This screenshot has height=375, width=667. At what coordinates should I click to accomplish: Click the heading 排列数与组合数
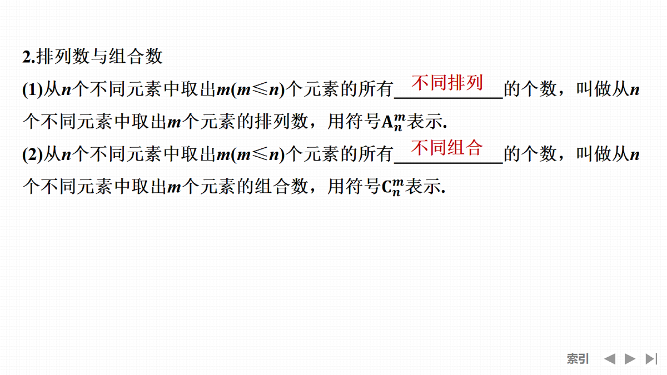pos(99,56)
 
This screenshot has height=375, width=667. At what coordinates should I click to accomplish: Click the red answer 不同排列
pos(447,82)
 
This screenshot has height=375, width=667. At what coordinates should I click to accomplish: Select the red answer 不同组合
pos(447,148)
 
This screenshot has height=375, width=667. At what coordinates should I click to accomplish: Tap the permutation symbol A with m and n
pos(394,122)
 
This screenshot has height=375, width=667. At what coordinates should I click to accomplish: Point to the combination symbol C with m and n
pos(393,187)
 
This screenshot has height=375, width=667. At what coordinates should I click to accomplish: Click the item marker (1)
pos(33,89)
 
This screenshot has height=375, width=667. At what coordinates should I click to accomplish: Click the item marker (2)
pos(33,154)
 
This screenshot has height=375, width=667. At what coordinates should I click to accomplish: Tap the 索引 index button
pos(578,359)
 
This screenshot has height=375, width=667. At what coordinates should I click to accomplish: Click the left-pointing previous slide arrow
pos(610,359)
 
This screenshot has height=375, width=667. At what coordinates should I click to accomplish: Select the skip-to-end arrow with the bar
pos(651,359)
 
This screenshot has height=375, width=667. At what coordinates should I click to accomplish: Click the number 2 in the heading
pos(27,57)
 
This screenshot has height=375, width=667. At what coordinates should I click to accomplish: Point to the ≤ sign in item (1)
pos(260,89)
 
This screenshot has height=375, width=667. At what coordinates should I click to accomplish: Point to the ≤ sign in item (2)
pos(260,154)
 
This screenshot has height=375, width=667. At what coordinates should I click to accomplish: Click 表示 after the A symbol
pos(425,122)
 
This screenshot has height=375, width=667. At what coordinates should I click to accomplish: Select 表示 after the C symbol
pos(423,186)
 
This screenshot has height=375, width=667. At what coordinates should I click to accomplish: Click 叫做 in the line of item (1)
pos(594,89)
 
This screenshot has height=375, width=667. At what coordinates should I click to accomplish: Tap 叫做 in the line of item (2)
pos(594,154)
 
